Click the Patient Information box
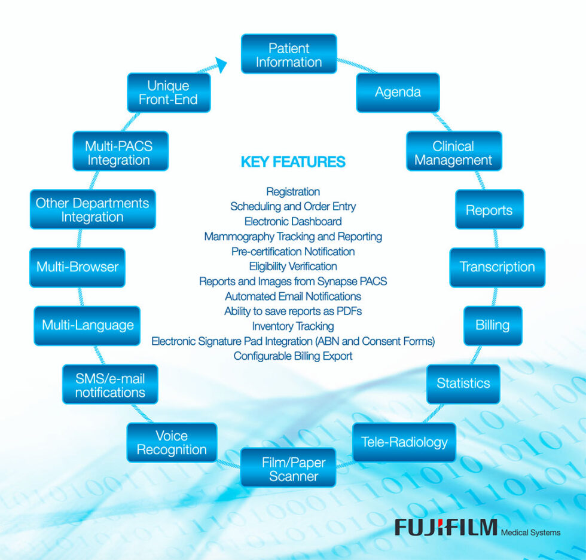click(x=289, y=54)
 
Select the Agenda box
click(x=398, y=93)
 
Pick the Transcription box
click(x=497, y=267)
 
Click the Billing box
click(x=493, y=326)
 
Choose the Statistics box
click(x=463, y=384)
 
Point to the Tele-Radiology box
click(x=404, y=442)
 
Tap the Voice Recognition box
click(x=172, y=442)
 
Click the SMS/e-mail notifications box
click(x=110, y=384)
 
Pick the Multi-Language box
click(x=87, y=326)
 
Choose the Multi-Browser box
click(x=78, y=267)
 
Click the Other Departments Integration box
click(x=93, y=209)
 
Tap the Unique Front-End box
click(x=169, y=93)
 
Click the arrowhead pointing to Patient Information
click(x=219, y=65)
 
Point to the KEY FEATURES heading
click(x=293, y=162)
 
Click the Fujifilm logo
click(x=445, y=527)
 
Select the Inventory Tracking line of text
click(x=293, y=326)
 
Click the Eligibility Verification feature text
click(x=293, y=267)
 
